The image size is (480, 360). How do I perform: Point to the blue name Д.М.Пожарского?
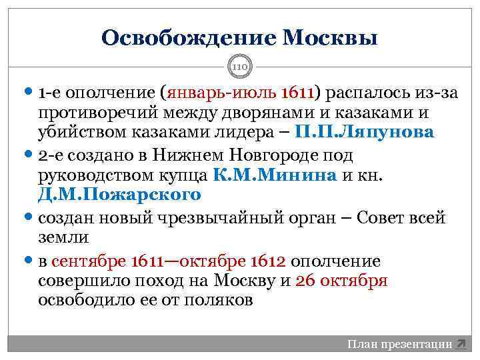[120, 195]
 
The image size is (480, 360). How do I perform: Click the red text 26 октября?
[341, 280]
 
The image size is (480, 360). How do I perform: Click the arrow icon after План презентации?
[461, 344]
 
